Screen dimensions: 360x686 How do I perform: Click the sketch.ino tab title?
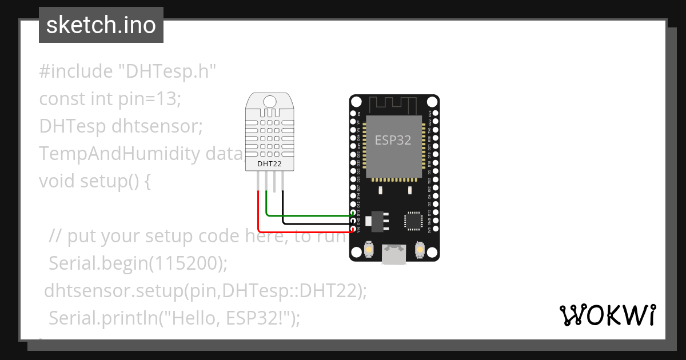[x=101, y=25]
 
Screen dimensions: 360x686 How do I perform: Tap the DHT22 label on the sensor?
[x=269, y=164]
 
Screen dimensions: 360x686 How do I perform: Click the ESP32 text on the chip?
[x=393, y=140]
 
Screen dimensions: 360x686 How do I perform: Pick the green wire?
[x=309, y=215]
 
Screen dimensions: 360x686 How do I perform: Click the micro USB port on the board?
[x=394, y=254]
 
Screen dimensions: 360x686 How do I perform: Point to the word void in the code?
[x=57, y=181]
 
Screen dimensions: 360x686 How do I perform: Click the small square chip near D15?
[x=413, y=221]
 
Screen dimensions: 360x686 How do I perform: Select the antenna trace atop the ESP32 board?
[x=394, y=104]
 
